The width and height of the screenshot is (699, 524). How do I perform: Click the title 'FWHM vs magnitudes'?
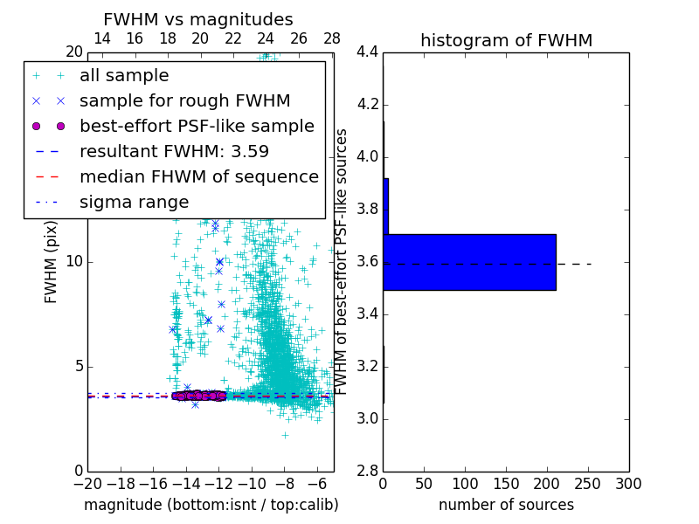pyautogui.click(x=198, y=19)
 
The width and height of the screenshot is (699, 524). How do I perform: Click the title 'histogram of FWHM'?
pyautogui.click(x=506, y=40)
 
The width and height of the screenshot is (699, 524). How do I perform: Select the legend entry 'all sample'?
pyautogui.click(x=124, y=76)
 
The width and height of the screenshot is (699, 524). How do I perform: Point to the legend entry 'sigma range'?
pyautogui.click(x=134, y=202)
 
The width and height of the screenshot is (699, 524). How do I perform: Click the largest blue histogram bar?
pyautogui.click(x=469, y=262)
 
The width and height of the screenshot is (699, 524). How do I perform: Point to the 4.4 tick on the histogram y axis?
pyautogui.click(x=366, y=52)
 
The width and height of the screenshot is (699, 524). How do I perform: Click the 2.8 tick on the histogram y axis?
pyautogui.click(x=366, y=472)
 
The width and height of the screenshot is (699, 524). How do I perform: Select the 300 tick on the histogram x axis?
pyautogui.click(x=628, y=483)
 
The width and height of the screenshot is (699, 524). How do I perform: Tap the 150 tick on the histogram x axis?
pyautogui.click(x=506, y=483)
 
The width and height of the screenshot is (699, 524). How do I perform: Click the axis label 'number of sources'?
pyautogui.click(x=506, y=505)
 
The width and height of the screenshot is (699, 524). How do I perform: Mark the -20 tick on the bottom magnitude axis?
pyautogui.click(x=87, y=483)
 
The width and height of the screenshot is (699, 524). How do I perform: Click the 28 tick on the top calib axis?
pyautogui.click(x=332, y=38)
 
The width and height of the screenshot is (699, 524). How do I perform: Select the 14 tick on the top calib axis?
pyautogui.click(x=101, y=38)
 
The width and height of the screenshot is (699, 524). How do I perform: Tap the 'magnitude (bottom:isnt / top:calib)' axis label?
pyautogui.click(x=211, y=505)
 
